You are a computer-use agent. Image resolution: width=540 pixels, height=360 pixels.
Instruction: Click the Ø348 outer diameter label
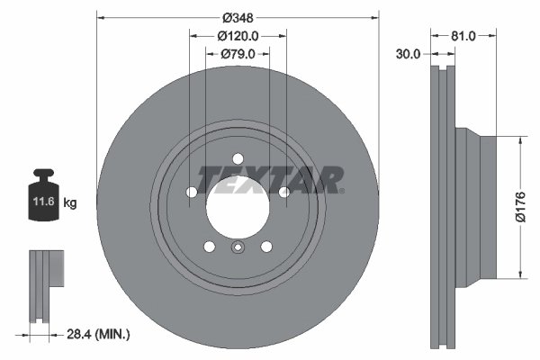click(238, 17)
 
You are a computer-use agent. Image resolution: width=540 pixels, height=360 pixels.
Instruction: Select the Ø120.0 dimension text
click(238, 36)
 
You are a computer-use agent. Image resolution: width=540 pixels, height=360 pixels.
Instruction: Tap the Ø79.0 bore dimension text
click(238, 54)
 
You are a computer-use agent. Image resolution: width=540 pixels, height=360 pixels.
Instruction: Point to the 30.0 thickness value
click(409, 54)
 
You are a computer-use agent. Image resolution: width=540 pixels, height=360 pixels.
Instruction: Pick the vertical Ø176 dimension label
click(518, 208)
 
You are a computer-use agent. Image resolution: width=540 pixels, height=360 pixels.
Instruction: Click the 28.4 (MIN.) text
click(101, 334)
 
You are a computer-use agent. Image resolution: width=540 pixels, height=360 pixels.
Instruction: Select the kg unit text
click(70, 203)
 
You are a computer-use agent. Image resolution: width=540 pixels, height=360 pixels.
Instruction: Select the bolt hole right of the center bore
click(283, 192)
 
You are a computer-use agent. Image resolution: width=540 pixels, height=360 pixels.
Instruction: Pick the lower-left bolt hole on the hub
click(210, 246)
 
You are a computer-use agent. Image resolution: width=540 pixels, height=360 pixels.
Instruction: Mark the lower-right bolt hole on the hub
click(266, 246)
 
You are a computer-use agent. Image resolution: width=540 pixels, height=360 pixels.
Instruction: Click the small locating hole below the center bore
click(238, 251)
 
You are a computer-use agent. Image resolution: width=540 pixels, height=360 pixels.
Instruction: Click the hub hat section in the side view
click(476, 206)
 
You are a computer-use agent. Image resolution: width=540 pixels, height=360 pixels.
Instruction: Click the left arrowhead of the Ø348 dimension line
click(101, 17)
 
